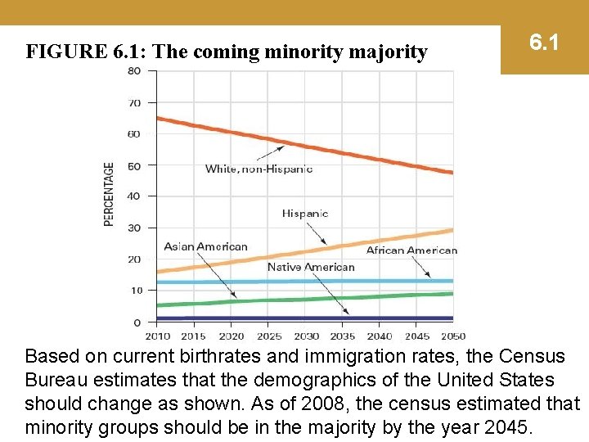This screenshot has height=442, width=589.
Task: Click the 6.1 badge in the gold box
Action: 544,42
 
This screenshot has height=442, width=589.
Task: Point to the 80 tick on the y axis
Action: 133,70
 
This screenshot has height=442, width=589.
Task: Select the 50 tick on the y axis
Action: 133,165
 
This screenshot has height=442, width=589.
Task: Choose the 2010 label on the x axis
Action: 158,336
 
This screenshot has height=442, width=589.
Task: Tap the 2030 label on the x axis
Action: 306,336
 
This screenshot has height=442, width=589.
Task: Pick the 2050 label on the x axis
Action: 452,336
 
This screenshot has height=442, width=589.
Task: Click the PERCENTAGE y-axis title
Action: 110,194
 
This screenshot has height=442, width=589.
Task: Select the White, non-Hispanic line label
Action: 259,169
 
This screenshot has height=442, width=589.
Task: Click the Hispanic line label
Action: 304,214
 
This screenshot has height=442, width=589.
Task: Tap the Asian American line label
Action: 205,246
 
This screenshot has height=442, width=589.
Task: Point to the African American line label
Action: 411,250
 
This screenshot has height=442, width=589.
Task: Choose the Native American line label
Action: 311,267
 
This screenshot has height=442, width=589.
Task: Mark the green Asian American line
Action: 245,300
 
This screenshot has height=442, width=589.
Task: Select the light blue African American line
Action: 245,282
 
